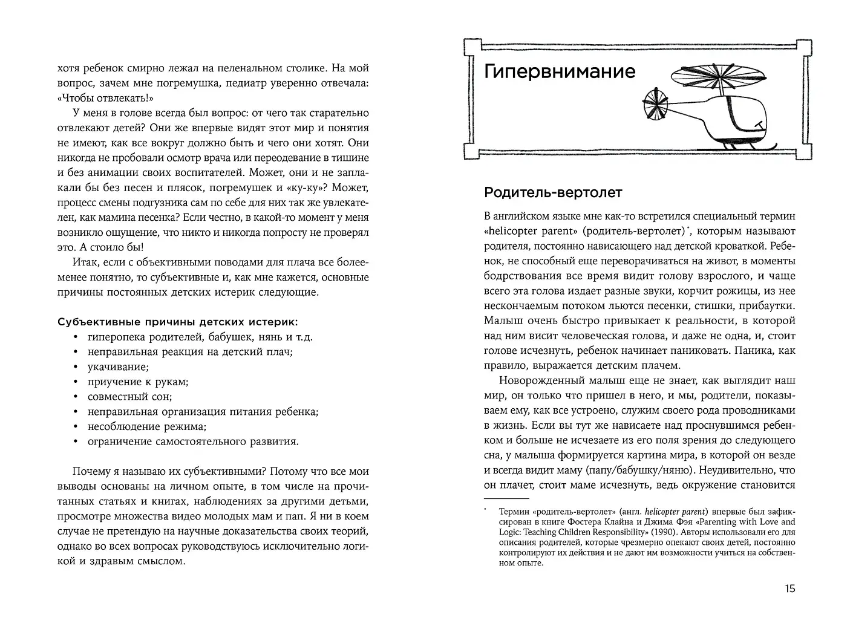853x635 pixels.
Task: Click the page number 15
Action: [x=789, y=588]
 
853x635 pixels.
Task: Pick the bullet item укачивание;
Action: [x=118, y=367]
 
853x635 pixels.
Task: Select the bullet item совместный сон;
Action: [x=129, y=397]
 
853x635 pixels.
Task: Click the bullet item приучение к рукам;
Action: [x=138, y=382]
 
